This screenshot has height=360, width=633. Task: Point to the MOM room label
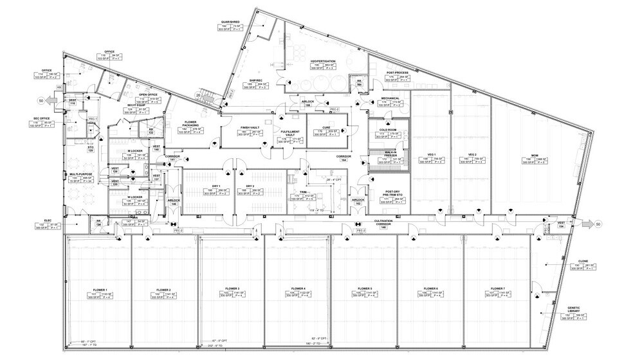[534, 155]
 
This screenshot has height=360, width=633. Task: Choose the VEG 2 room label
[472, 155]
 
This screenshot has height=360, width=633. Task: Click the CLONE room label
[583, 262]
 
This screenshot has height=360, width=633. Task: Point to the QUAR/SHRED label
[230, 22]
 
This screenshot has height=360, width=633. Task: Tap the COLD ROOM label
[387, 130]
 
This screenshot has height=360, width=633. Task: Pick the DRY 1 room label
[216, 187]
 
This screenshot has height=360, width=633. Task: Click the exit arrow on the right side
[590, 223]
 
